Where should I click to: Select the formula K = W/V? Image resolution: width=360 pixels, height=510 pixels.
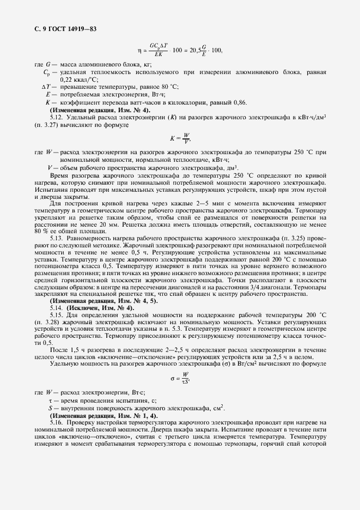pos(180,138)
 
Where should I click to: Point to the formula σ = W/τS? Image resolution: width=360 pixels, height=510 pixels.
pos(180,377)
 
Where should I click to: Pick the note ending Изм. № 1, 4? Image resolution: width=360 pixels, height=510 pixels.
pos(96,415)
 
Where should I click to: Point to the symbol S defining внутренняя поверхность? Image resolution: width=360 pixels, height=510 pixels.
pos(50,407)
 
